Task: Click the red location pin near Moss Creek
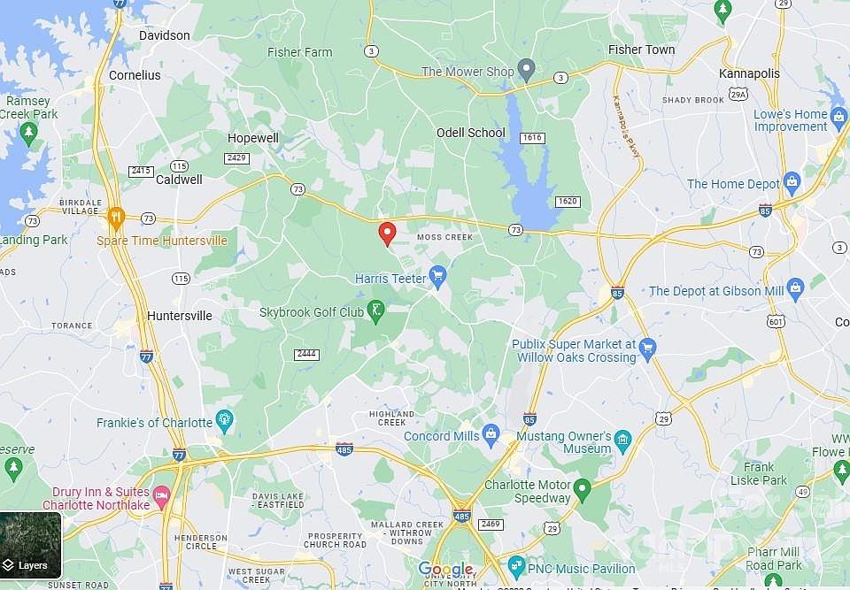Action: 387,234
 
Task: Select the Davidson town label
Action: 165,35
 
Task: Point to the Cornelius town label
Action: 135,75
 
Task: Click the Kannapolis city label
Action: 750,73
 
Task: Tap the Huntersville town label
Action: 180,316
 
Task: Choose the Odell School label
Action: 471,133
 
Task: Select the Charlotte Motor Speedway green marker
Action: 582,488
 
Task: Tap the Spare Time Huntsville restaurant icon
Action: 115,217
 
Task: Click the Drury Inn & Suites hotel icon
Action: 161,493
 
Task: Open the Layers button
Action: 31,546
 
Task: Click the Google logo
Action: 445,569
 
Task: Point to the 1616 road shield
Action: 532,138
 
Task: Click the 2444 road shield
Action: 306,354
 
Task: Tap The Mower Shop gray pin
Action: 526,69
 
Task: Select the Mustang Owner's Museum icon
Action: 622,440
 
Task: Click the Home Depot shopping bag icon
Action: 792,184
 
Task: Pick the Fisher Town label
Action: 642,50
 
